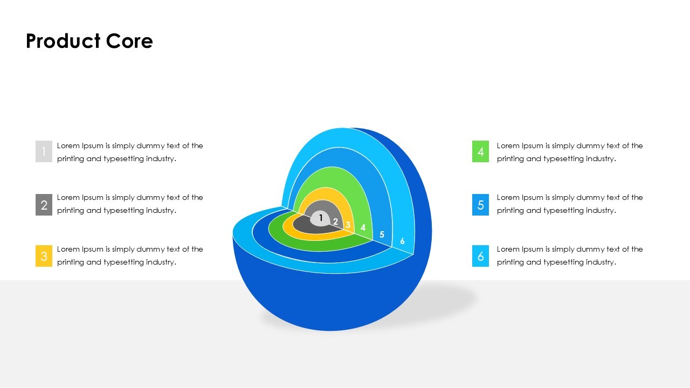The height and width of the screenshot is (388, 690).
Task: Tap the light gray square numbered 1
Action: tap(44, 151)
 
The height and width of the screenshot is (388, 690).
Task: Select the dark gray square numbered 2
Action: tap(44, 205)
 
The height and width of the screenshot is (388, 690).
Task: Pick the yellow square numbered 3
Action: tap(44, 256)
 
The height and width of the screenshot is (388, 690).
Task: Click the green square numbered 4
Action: tap(480, 151)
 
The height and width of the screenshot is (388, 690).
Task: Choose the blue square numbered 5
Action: tap(480, 205)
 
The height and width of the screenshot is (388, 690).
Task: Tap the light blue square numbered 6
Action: tap(480, 256)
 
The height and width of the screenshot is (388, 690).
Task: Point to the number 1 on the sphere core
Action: tap(321, 218)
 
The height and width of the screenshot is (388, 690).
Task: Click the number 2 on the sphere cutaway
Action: tap(335, 221)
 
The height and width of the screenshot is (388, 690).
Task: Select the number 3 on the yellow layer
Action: tap(348, 225)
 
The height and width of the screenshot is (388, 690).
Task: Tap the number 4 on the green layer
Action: tap(363, 227)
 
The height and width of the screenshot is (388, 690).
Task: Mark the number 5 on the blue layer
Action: tap(382, 234)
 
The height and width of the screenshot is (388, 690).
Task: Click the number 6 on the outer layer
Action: tap(402, 241)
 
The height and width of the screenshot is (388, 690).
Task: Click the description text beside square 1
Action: tap(130, 152)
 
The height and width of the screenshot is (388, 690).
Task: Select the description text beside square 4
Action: tap(570, 152)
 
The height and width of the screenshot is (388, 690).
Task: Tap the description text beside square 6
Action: tap(570, 255)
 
